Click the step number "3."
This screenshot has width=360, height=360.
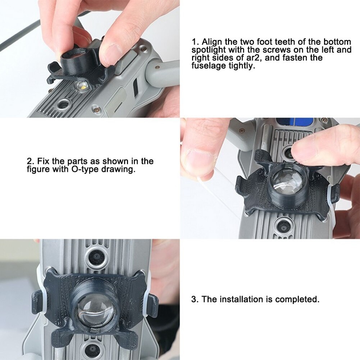pyautogui.click(x=195, y=299)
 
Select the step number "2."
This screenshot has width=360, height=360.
pyautogui.click(x=30, y=161)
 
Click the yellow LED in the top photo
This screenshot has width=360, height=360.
pyautogui.click(x=82, y=86)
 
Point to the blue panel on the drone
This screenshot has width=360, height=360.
pyautogui.click(x=295, y=121)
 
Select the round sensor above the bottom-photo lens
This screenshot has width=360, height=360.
pyautogui.click(x=96, y=257)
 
